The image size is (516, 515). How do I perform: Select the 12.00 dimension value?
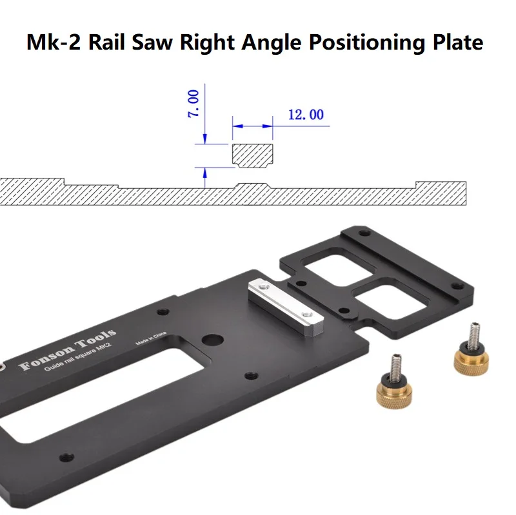pyautogui.click(x=305, y=115)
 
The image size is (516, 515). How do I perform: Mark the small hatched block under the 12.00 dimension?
pyautogui.click(x=252, y=155)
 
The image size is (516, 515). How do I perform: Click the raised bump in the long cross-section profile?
pyautogui.click(x=252, y=186)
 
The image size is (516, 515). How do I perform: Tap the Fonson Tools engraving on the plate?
pyautogui.click(x=68, y=350)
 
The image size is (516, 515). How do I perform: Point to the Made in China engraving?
pyautogui.click(x=153, y=340)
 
